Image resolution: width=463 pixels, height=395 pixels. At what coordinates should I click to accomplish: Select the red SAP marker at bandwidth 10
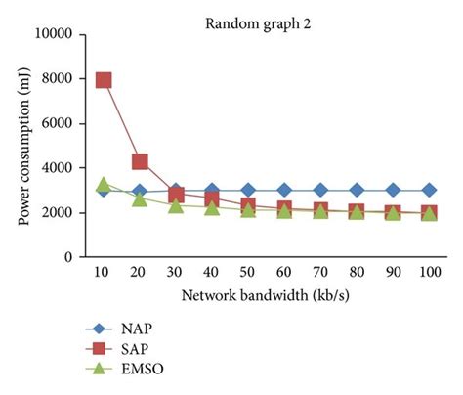point(103,80)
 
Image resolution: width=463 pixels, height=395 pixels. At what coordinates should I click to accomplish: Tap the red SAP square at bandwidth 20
point(140,161)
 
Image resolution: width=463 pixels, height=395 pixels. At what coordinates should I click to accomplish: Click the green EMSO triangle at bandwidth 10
point(103,184)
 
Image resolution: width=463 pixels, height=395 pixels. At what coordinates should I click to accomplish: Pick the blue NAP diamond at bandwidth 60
point(284,190)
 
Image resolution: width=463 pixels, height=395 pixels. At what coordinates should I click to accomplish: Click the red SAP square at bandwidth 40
point(212,198)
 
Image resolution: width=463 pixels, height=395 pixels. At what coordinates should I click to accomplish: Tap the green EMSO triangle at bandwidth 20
point(140,198)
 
